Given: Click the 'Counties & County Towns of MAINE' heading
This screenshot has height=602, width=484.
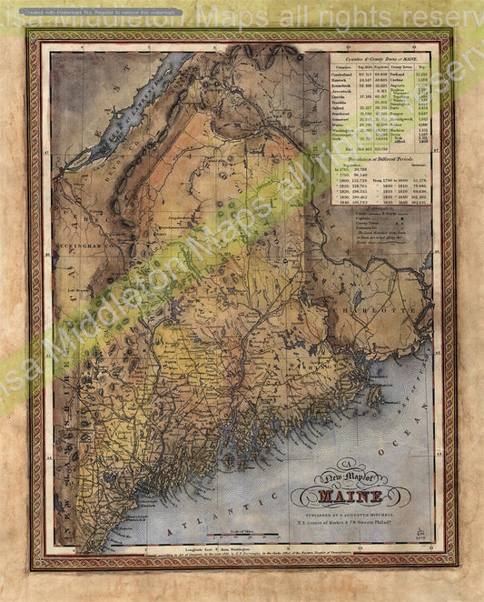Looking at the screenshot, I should [378, 59].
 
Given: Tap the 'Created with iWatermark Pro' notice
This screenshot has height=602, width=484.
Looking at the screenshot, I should [91, 13].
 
